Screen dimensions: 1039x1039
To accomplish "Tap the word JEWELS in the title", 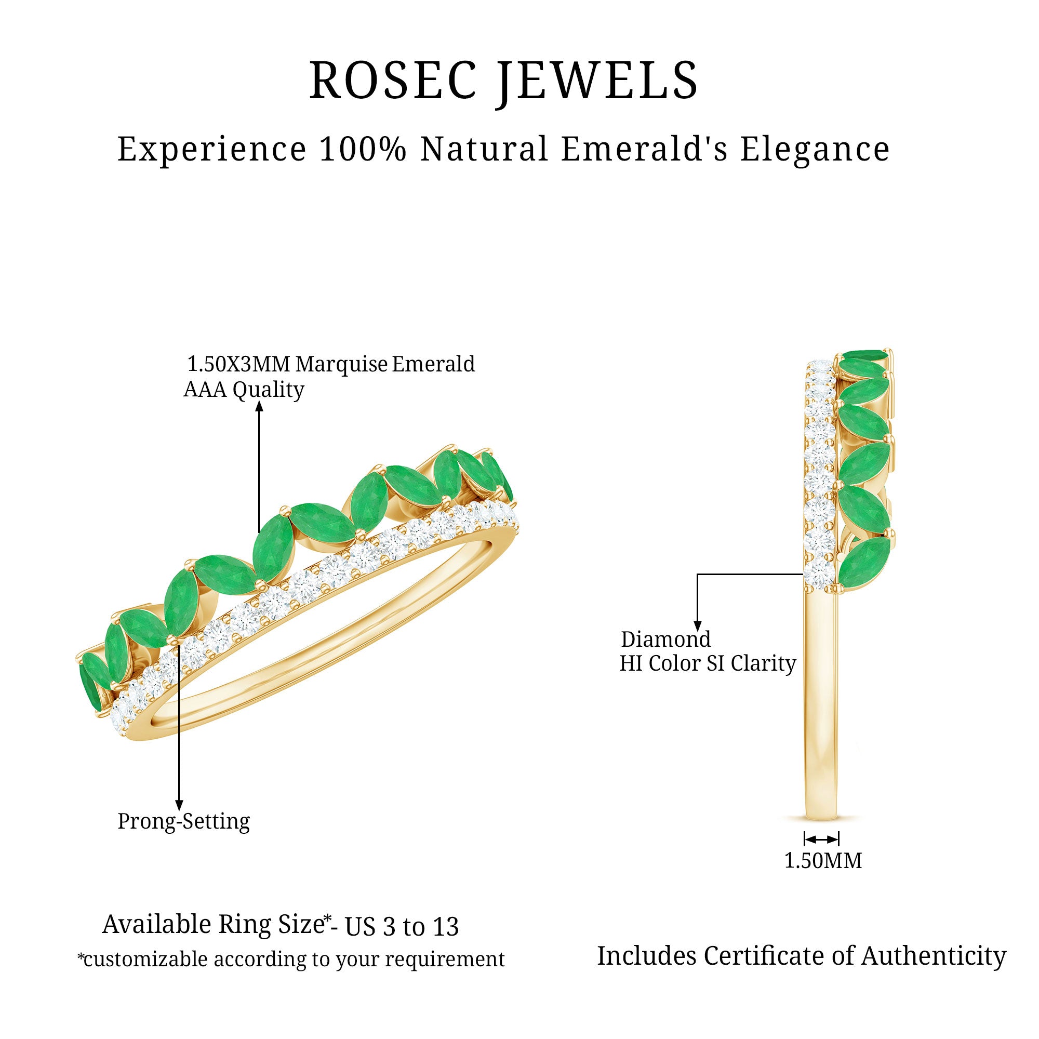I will click(597, 81).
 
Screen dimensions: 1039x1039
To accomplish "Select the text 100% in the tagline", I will click(363, 149).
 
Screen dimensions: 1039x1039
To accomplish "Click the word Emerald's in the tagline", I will click(644, 149).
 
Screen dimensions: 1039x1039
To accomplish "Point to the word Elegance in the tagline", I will click(815, 149).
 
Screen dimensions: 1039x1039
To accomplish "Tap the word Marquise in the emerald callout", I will click(341, 364).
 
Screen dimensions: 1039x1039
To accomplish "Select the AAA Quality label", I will click(244, 389).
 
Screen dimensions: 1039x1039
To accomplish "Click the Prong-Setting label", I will click(184, 821).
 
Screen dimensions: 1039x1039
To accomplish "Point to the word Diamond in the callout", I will click(666, 640).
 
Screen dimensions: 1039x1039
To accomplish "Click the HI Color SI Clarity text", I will click(708, 663).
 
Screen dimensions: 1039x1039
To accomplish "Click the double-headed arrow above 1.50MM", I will click(821, 840).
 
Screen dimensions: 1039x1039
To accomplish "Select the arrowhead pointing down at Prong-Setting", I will click(179, 804).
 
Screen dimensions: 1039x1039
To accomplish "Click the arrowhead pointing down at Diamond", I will click(698, 625).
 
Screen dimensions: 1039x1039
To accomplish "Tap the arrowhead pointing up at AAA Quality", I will click(259, 407).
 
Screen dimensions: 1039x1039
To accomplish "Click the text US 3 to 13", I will click(402, 927).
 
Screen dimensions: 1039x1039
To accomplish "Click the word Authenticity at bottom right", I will click(934, 956).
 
